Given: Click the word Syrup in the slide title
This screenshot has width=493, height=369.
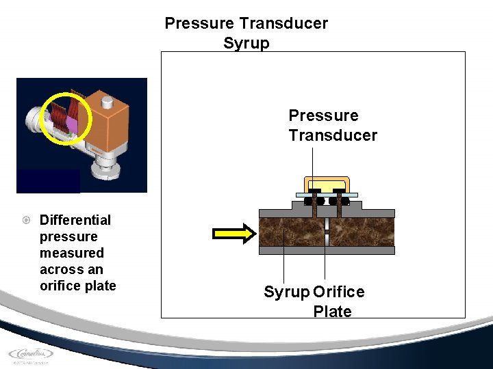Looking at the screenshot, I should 246,43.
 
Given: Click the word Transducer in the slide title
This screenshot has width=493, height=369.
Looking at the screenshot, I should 283,23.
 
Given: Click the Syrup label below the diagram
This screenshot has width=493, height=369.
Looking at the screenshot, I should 286,292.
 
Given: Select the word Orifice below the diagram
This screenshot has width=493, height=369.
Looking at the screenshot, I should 339,292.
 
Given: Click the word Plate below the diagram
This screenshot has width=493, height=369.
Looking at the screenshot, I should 332,312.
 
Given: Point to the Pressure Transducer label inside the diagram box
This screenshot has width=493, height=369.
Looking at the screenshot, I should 332,125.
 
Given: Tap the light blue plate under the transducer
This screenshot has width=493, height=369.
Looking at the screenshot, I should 327,195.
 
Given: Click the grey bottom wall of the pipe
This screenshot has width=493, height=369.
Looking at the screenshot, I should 327,251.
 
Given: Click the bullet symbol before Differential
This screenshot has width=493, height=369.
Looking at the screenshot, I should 25,220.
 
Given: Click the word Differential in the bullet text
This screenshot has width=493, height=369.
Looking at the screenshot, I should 75,220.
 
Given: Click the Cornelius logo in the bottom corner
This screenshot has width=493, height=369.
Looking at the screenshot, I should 31,355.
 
